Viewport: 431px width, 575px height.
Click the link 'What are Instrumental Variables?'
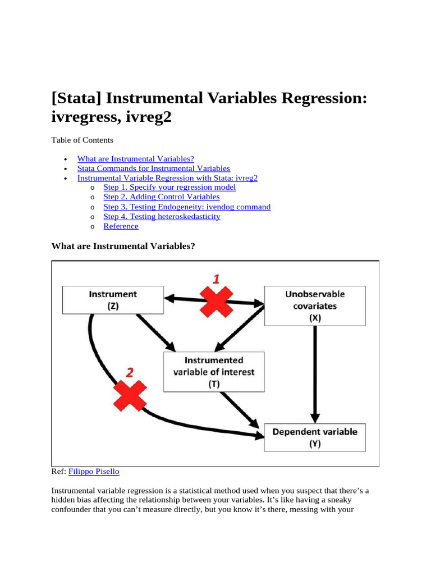click(135, 159)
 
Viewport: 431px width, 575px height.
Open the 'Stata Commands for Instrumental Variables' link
click(153, 168)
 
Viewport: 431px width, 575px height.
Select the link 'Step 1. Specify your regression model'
click(169, 188)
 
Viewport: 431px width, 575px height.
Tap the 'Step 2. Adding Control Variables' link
click(162, 197)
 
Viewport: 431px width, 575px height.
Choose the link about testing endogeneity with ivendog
click(187, 207)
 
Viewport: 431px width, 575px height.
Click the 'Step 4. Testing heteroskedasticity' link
click(162, 217)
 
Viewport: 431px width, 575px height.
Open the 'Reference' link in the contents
click(121, 226)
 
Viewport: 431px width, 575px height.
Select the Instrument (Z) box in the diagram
click(112, 300)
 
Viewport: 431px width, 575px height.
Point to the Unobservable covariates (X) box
click(315, 305)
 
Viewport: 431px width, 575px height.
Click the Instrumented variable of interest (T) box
click(214, 372)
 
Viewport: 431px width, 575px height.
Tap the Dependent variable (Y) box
click(315, 437)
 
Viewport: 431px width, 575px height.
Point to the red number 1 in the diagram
click(215, 279)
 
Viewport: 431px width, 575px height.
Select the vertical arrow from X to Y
click(315, 373)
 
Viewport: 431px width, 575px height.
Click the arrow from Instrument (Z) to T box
click(154, 331)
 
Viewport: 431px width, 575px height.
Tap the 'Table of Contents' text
click(82, 140)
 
